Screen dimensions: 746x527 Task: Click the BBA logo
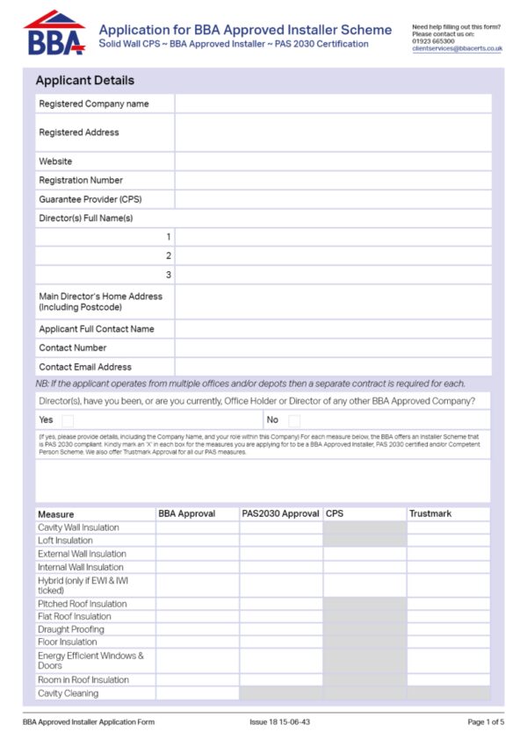coord(54,34)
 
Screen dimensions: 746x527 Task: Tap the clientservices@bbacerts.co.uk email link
coord(457,49)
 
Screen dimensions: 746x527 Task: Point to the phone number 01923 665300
coord(433,41)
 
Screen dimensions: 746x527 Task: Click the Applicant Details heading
coord(84,81)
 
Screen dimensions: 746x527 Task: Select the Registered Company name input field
coord(333,104)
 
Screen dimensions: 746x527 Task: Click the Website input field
coord(333,161)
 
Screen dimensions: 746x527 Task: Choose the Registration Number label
coord(81,181)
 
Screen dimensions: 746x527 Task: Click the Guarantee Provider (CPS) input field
coord(333,199)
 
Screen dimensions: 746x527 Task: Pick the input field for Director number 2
coord(333,255)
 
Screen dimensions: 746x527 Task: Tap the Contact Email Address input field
coord(333,367)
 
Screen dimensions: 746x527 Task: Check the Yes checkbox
coord(68,420)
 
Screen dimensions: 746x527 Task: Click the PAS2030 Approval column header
coord(280,513)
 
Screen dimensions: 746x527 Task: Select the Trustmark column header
coord(430,513)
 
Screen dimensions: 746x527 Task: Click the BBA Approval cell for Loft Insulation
coord(198,541)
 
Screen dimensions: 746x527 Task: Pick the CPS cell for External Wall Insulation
coord(364,554)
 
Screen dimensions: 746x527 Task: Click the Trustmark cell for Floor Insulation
coord(448,642)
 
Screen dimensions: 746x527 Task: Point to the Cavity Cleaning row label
coord(68,693)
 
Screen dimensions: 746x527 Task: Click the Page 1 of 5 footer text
coord(486,722)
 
